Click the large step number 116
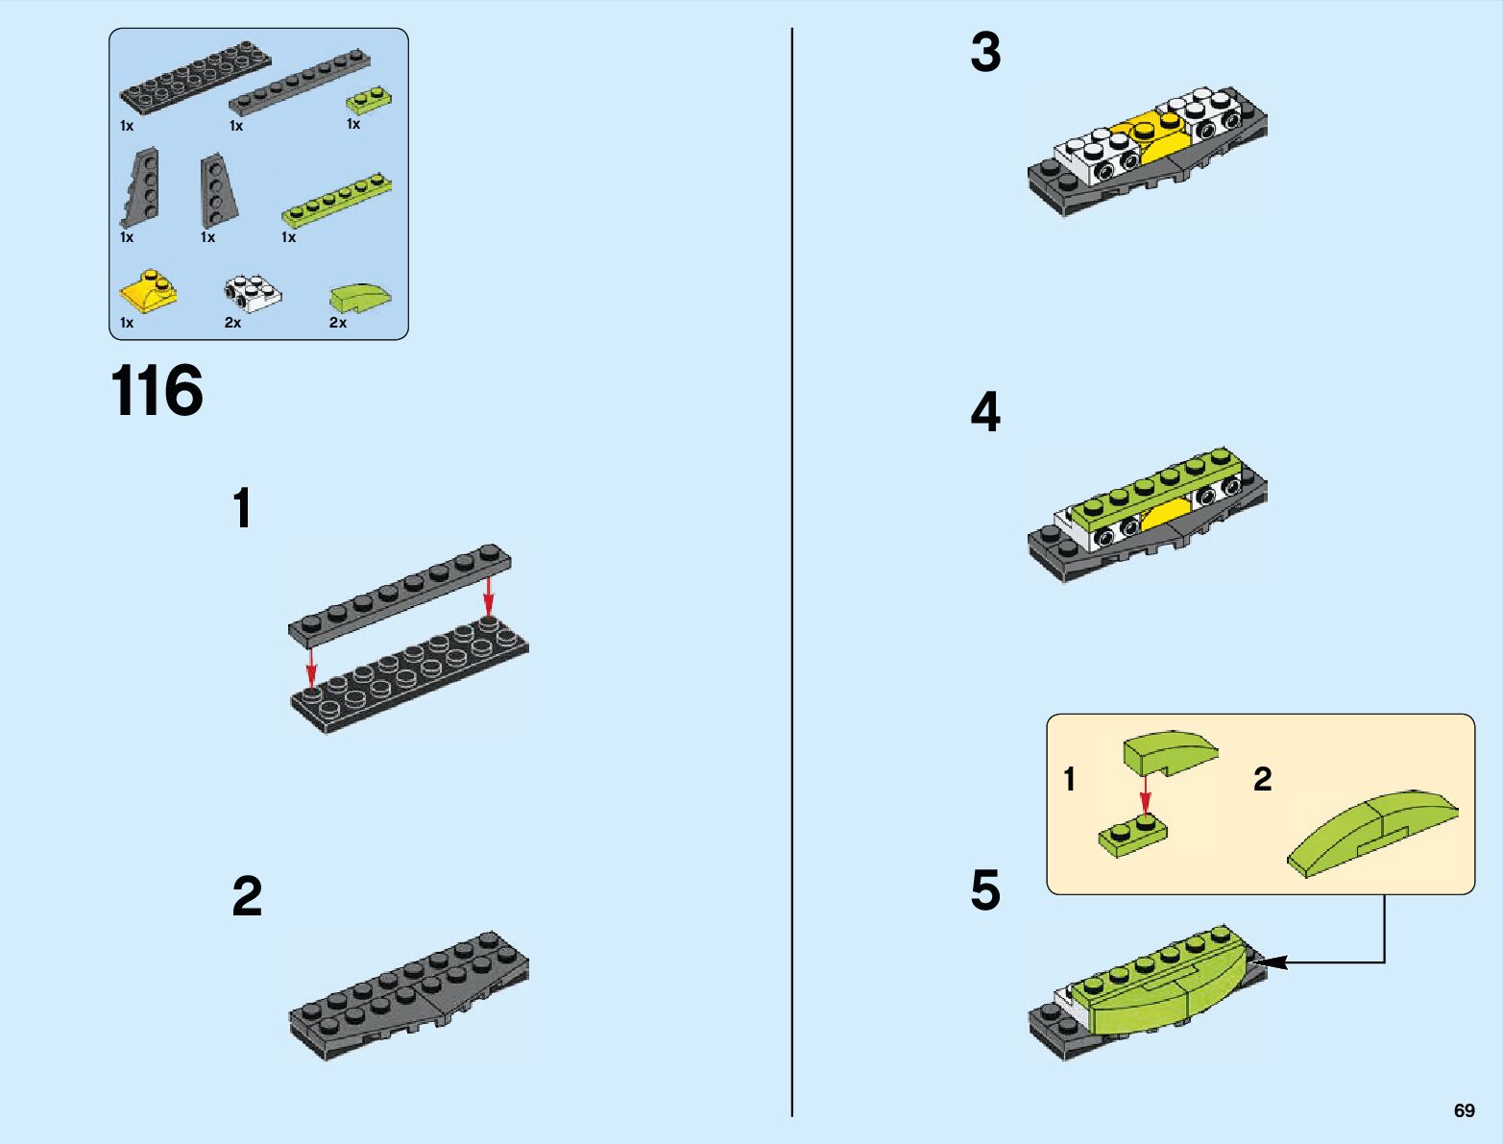coord(157,392)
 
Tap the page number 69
coord(1464,1110)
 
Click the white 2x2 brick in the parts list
coord(253,293)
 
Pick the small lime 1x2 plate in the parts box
coord(369,99)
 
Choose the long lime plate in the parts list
coord(337,200)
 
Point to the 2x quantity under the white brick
coord(232,323)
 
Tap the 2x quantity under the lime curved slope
coord(338,323)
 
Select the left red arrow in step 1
coord(311,667)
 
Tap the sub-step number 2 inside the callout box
coord(1262,779)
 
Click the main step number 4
coord(985,412)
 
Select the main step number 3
coord(985,53)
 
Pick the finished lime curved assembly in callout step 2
coord(1373,832)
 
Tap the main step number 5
coord(985,890)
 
